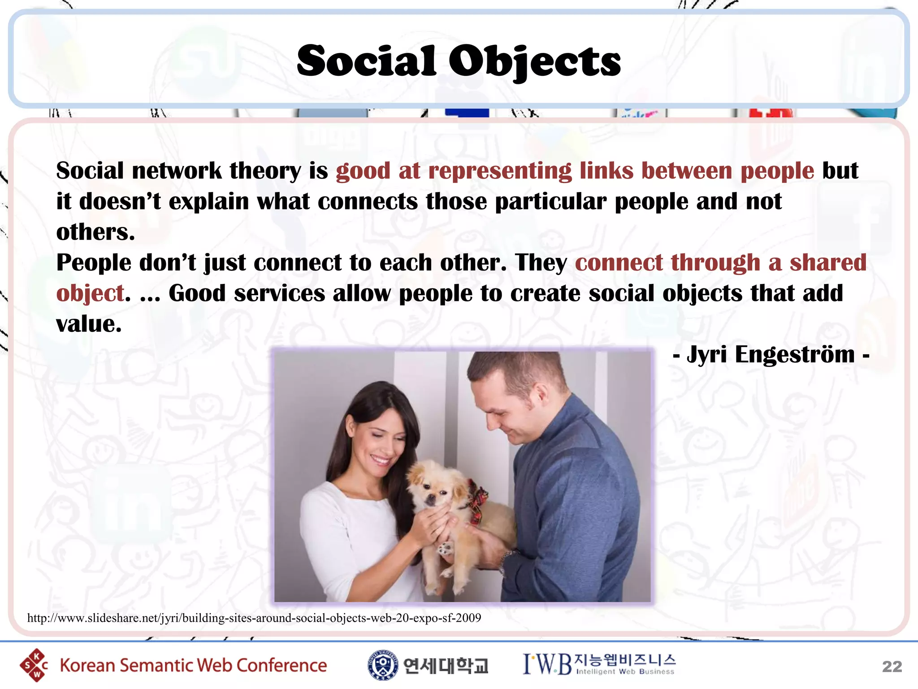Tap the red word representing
pyautogui.click(x=500, y=171)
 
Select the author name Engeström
pyautogui.click(x=795, y=354)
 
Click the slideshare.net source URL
pyautogui.click(x=254, y=618)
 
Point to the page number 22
pyautogui.click(x=892, y=667)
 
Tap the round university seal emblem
pyautogui.click(x=382, y=665)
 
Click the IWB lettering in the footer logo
pyautogui.click(x=547, y=664)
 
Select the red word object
pyautogui.click(x=90, y=294)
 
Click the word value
pyautogui.click(x=88, y=324)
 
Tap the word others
pyautogui.click(x=95, y=232)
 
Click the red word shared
pyautogui.click(x=827, y=263)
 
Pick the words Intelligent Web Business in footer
pyautogui.click(x=625, y=672)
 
